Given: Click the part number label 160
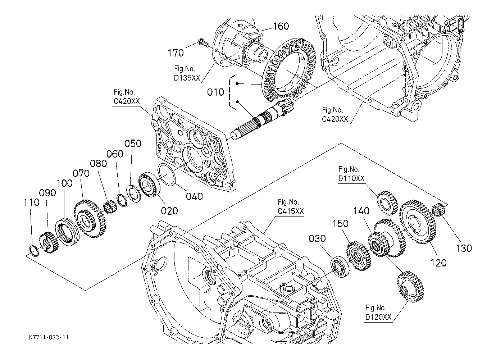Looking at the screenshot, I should point(281,26).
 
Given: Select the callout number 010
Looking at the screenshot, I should point(215,92).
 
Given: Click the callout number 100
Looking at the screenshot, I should point(64,183).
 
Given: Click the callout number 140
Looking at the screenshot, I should point(361,211).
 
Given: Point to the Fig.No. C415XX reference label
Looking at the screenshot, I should point(290,206).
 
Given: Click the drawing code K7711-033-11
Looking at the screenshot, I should point(49,338).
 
